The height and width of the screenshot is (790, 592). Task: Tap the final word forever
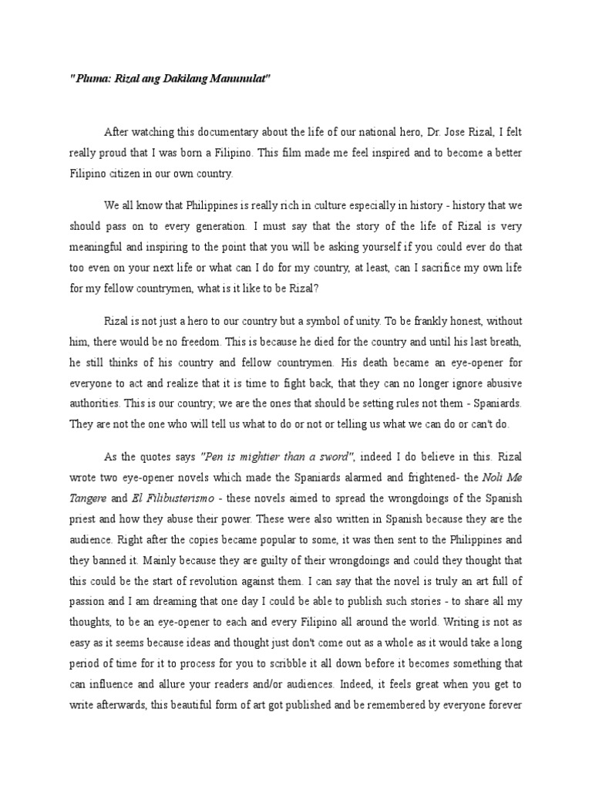tap(505, 704)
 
